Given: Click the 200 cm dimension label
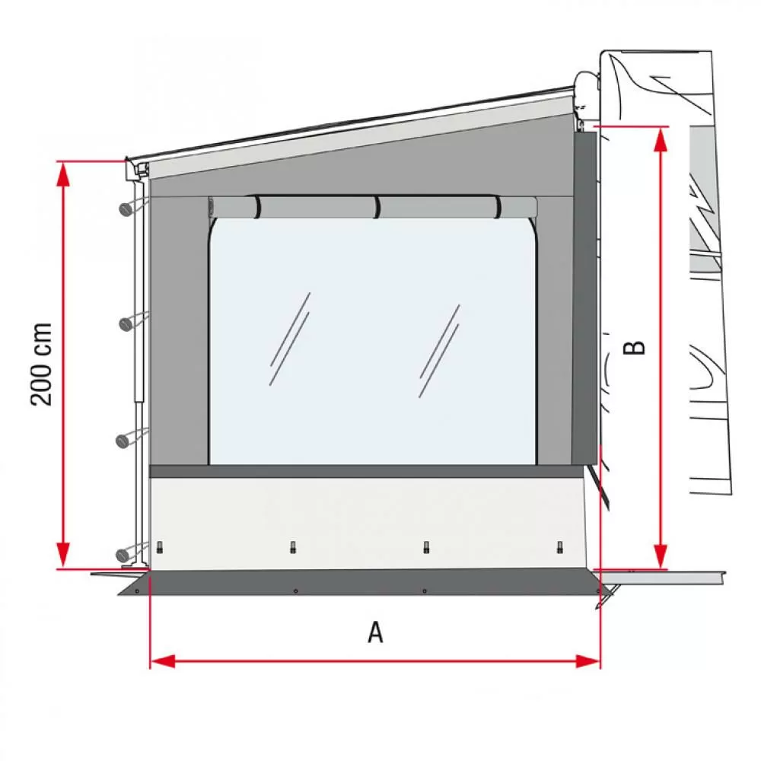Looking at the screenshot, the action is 41,364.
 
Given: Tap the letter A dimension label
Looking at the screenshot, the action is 376,632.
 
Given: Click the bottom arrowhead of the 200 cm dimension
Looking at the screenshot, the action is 63,556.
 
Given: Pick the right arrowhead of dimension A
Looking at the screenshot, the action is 587,661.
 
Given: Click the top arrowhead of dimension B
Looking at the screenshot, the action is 660,140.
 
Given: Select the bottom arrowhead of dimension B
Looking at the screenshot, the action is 660,556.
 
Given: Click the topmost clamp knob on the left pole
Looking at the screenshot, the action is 126,209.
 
